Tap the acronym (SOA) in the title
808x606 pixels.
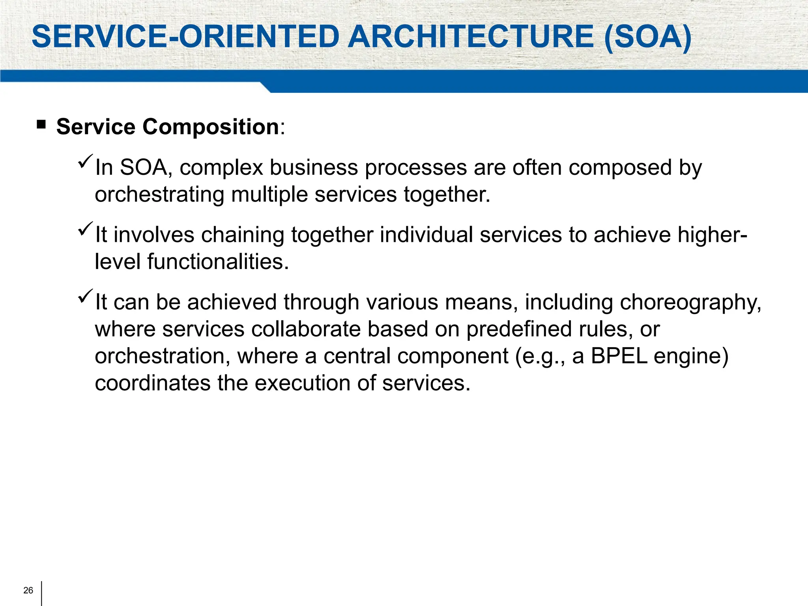[x=648, y=37]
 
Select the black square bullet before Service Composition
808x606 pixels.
[x=41, y=125]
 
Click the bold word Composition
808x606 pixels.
[x=211, y=127]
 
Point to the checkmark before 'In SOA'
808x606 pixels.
[x=85, y=161]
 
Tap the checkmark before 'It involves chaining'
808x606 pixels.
[x=85, y=229]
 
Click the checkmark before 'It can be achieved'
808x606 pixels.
[x=85, y=296]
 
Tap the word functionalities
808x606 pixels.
[x=218, y=262]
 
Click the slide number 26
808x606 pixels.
[x=28, y=590]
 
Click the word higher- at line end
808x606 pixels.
[x=712, y=236]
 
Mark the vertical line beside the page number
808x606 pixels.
[x=41, y=593]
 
